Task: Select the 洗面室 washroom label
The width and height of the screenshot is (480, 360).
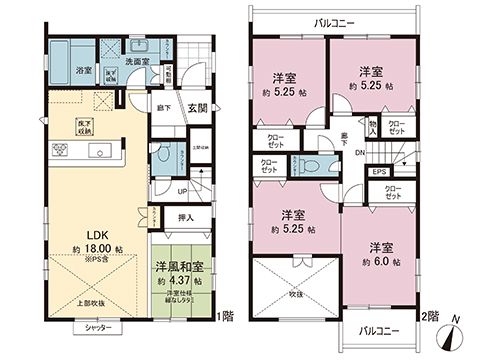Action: (x=137, y=61)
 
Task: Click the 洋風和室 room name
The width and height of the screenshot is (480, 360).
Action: (x=181, y=267)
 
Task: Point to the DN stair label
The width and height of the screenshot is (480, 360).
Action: (x=361, y=153)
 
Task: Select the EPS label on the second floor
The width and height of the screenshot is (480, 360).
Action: (x=381, y=172)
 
